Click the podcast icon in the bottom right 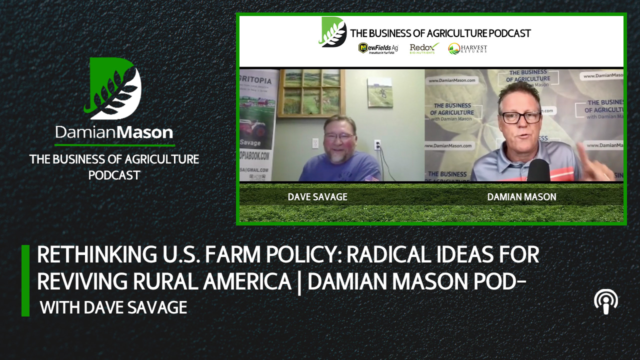click(x=605, y=302)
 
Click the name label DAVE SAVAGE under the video click(x=317, y=197)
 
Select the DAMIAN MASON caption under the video click(x=521, y=197)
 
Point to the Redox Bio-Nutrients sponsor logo click(x=424, y=48)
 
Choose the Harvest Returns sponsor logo click(x=467, y=48)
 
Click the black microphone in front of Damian click(x=538, y=170)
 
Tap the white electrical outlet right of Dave click(x=377, y=144)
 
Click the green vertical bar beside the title click(x=25, y=280)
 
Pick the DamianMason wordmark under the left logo click(x=114, y=132)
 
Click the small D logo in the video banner click(x=333, y=32)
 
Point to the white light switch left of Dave click(x=315, y=143)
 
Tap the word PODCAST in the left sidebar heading click(x=114, y=175)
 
